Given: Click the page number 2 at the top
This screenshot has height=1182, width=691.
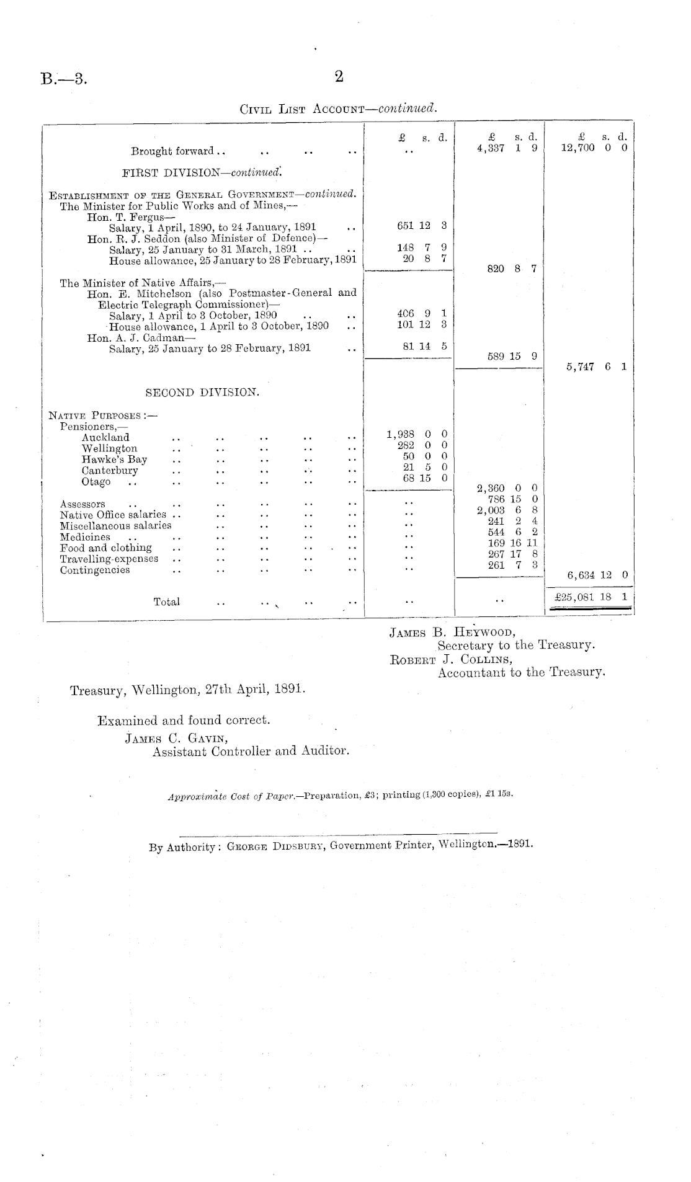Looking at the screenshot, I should coord(339,77).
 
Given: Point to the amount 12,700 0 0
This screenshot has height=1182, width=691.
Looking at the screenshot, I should coord(594,148).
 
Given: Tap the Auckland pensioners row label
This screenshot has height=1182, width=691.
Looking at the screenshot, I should coord(105,437).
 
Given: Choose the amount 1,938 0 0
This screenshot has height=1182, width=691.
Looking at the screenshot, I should coord(417,433).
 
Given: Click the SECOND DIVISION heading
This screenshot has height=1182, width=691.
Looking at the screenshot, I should coord(202,393).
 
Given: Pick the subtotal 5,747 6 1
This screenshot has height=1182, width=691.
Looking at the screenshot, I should coord(596,367).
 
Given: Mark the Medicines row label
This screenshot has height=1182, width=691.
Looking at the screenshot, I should coord(85,537).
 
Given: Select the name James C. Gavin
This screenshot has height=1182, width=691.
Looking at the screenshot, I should coord(168,738).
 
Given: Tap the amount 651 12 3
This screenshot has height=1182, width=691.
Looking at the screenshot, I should coord(421,226).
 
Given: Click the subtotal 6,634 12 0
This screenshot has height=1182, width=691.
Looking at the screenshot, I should coord(597,575).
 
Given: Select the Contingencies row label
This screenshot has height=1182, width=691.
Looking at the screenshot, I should coord(95,570).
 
